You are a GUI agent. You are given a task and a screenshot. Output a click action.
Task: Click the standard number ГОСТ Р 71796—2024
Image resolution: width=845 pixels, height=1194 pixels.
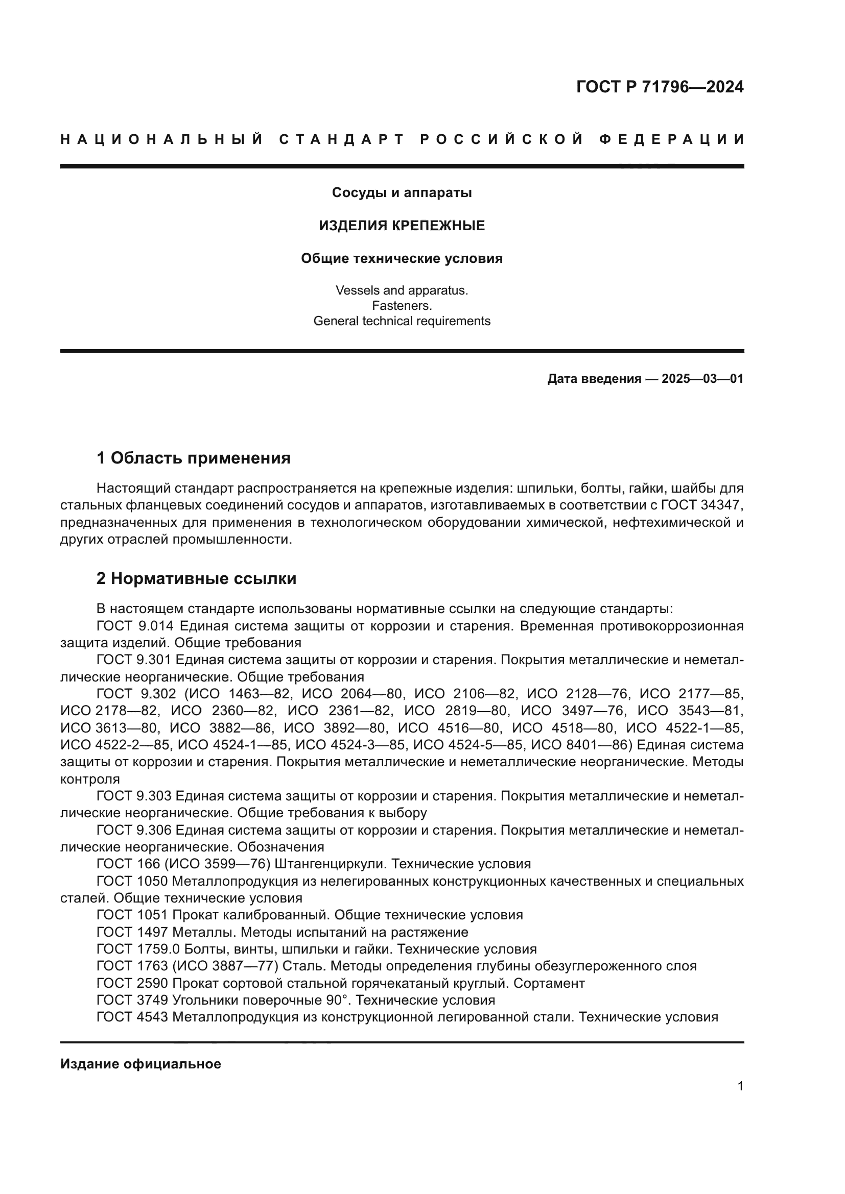tap(659, 87)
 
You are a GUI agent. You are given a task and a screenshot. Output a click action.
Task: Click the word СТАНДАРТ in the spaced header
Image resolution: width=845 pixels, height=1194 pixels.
tap(341, 139)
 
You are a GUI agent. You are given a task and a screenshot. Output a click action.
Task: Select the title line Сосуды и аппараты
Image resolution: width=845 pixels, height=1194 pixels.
tap(402, 193)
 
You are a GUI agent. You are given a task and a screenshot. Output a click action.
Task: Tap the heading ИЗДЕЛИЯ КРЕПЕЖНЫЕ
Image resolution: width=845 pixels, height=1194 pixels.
tap(402, 226)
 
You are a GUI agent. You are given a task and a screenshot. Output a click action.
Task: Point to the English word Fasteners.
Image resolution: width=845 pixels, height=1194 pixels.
tap(402, 306)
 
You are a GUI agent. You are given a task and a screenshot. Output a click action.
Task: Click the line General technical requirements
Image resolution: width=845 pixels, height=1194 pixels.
tap(402, 321)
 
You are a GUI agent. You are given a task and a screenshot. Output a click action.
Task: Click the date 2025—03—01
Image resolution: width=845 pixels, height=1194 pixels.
tap(702, 379)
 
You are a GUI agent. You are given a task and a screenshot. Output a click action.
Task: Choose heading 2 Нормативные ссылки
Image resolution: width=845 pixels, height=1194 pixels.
tap(196, 578)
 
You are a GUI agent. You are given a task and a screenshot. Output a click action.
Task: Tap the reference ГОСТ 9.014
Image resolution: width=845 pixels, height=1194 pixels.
tap(135, 626)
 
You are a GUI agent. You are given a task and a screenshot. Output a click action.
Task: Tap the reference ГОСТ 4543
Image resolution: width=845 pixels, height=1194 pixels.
tap(132, 1017)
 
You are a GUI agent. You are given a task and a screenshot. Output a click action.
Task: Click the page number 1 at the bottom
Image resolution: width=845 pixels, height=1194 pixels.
tap(740, 1086)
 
